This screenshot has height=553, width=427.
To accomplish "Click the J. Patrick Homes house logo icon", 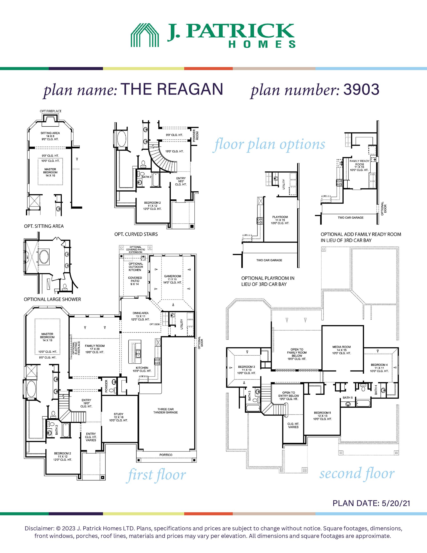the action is click(145, 35).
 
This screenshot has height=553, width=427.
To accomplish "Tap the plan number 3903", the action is click(361, 89).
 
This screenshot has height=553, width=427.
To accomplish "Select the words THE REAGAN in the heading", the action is click(172, 89).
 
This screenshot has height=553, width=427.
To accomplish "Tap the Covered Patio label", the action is click(135, 281).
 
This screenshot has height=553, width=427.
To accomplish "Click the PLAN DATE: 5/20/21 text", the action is click(371, 503).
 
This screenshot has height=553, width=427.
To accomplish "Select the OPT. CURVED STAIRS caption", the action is click(136, 234).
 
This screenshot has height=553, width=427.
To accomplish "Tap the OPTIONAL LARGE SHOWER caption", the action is click(52, 299).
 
